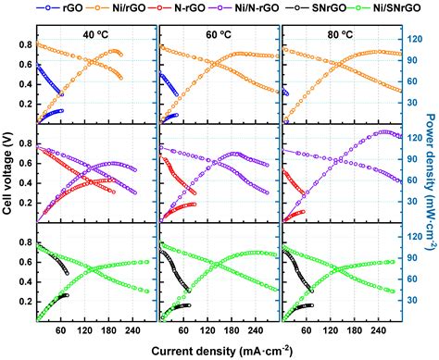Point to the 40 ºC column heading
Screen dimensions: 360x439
click(x=95, y=36)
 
